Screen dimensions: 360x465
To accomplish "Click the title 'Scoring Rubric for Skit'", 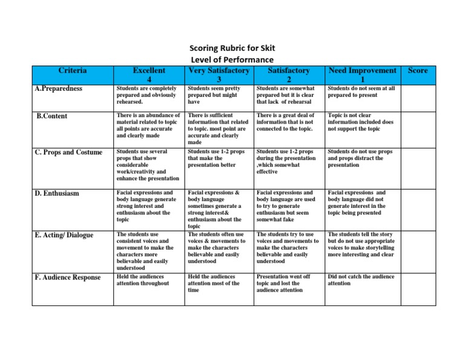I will pyautogui.click(x=232, y=49).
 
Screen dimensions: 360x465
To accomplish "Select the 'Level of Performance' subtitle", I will pyautogui.click(x=232, y=59).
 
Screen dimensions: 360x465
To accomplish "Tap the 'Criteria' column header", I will pyautogui.click(x=73, y=70).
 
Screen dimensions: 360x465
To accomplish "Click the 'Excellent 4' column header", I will pyautogui.click(x=148, y=75).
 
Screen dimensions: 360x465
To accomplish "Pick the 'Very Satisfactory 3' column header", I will pyautogui.click(x=219, y=75).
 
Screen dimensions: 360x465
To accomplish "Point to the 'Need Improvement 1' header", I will pyautogui.click(x=362, y=75).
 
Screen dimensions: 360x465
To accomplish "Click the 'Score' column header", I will pyautogui.click(x=418, y=70).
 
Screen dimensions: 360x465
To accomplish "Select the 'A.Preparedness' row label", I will pyautogui.click(x=59, y=89).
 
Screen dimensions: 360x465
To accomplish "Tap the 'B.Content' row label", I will pyautogui.click(x=52, y=115).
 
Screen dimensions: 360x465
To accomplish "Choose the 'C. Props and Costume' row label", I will pyautogui.click(x=68, y=152).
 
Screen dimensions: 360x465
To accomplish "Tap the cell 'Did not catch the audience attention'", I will pyautogui.click(x=361, y=279).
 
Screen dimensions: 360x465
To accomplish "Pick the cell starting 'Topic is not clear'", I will pyautogui.click(x=361, y=122).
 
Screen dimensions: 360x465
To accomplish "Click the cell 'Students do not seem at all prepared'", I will pyautogui.click(x=361, y=92).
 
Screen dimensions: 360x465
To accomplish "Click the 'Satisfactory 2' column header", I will pyautogui.click(x=289, y=75).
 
